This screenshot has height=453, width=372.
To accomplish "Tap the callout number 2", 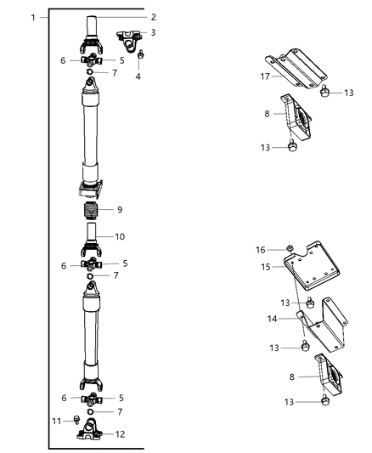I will pyautogui.click(x=154, y=17).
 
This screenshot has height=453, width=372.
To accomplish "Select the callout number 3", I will pyautogui.click(x=153, y=32).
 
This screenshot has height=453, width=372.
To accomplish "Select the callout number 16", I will pyautogui.click(x=262, y=250).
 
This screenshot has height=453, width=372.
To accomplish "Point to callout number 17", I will pyautogui.click(x=265, y=75).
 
